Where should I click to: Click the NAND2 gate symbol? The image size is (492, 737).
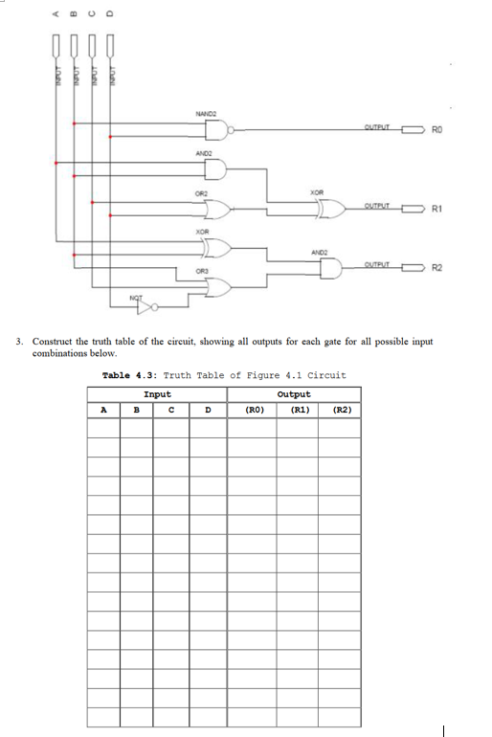[216, 129]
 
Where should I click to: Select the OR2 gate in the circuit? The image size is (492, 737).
[218, 208]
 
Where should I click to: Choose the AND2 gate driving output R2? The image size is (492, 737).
[328, 268]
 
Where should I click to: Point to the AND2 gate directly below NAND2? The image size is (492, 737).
[216, 168]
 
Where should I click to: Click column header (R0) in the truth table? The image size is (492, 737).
[254, 411]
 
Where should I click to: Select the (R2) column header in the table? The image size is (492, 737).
[341, 411]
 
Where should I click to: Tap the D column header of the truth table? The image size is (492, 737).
[206, 411]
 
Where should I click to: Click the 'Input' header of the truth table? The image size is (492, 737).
[157, 394]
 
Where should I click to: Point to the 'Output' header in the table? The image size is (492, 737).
[293, 394]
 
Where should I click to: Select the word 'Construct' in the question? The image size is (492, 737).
[54, 342]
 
